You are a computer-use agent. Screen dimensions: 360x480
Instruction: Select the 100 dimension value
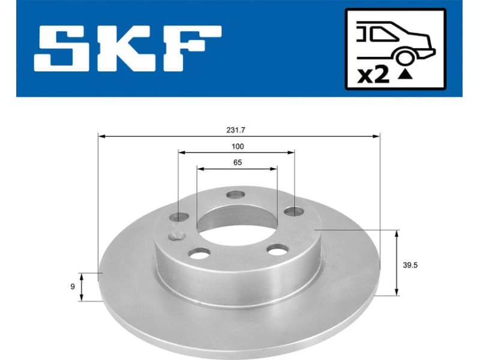(x=237, y=146)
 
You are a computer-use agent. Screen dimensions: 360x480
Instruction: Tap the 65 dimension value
(x=237, y=162)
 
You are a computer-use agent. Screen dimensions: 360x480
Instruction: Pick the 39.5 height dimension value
(x=410, y=263)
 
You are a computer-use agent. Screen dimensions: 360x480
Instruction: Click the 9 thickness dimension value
(x=73, y=287)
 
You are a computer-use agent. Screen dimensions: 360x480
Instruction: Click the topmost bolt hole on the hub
(x=236, y=194)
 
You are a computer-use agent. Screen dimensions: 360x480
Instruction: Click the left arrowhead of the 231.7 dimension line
(x=101, y=137)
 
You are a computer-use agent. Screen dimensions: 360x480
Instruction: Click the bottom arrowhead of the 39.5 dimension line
(x=396, y=292)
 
